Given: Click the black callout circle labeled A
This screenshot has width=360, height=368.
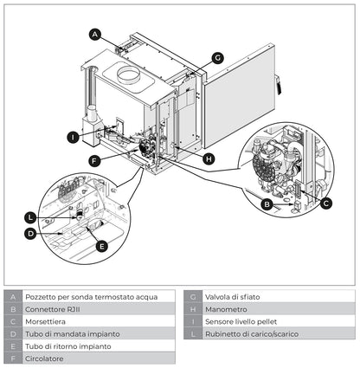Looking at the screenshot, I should tap(96, 35).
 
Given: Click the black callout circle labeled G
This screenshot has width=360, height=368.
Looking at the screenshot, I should tap(217, 58).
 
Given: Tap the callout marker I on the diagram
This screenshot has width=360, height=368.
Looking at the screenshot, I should tap(74, 136).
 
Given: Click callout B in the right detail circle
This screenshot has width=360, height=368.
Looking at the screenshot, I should tap(267, 204).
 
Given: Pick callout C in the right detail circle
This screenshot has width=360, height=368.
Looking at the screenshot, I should tap(325, 203).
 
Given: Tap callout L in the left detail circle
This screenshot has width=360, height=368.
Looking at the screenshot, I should tap(30, 216).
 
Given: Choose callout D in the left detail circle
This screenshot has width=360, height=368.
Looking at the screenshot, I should tap(30, 233).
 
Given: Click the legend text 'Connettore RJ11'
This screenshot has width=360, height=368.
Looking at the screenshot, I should tap(56, 309).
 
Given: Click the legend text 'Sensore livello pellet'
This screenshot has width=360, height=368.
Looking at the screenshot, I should tap(241, 321).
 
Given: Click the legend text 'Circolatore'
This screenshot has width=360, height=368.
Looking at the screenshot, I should tap(45, 358).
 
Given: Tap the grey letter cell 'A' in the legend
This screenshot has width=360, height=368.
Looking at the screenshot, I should tap(12, 297).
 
